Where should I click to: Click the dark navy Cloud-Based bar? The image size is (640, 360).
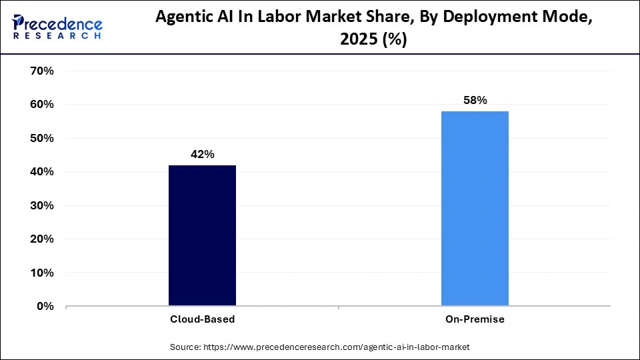[x=202, y=235]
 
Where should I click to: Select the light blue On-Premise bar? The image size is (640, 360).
[x=475, y=209]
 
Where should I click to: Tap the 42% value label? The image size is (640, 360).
[x=202, y=155]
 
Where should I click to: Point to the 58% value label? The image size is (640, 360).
[x=475, y=101]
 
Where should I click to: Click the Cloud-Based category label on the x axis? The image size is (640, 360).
[x=202, y=319]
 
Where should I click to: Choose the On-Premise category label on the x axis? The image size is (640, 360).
[x=475, y=319]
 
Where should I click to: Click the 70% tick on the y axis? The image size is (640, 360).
[x=42, y=71]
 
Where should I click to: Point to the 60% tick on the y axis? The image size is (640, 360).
[x=42, y=105]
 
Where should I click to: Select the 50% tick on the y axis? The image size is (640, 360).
[x=42, y=139]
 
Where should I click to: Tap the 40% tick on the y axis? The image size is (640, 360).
[x=42, y=172]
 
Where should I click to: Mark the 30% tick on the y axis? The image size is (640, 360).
[x=42, y=206]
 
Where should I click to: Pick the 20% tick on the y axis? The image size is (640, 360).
[x=42, y=239]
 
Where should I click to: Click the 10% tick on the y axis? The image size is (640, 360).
[x=42, y=273]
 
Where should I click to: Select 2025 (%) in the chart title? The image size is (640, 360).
[x=374, y=40]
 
